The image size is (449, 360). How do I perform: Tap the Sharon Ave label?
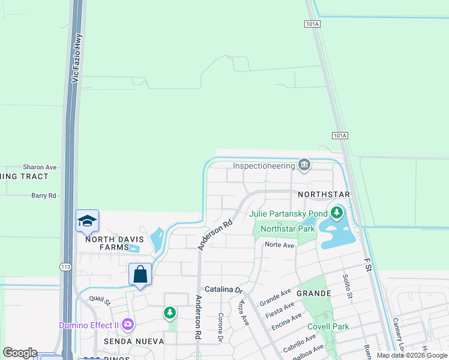tap(40, 167)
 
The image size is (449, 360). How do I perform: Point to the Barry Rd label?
tap(43, 196)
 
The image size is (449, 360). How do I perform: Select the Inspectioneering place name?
tap(264, 166)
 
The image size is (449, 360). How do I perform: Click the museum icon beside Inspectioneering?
tap(304, 165)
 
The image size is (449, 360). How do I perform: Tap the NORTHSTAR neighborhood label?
tap(324, 196)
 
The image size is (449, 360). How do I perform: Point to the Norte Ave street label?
tap(280, 245)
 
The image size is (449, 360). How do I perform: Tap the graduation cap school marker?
tap(87, 221)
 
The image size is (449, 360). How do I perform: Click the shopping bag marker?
tap(140, 275)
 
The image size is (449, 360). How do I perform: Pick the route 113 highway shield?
tap(65, 266)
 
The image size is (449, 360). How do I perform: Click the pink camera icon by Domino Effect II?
tap(127, 325)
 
